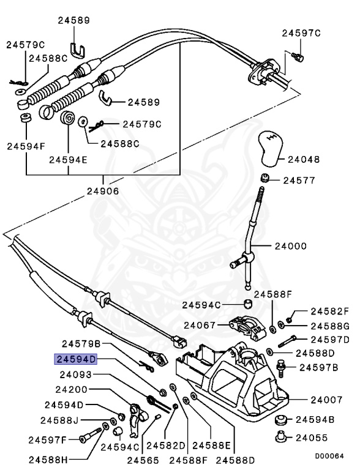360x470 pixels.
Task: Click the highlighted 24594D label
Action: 76,360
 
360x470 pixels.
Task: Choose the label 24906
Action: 103,191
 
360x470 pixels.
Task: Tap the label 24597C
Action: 301,33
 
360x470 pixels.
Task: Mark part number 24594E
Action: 69,160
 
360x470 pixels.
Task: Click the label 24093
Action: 76,375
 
